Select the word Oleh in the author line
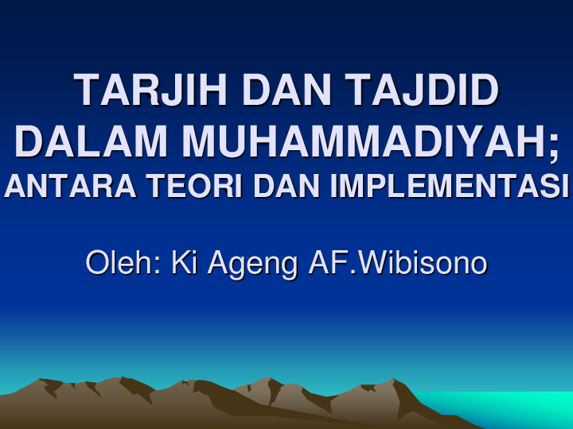pyautogui.click(x=117, y=263)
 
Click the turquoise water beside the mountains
pyautogui.click(x=509, y=407)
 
